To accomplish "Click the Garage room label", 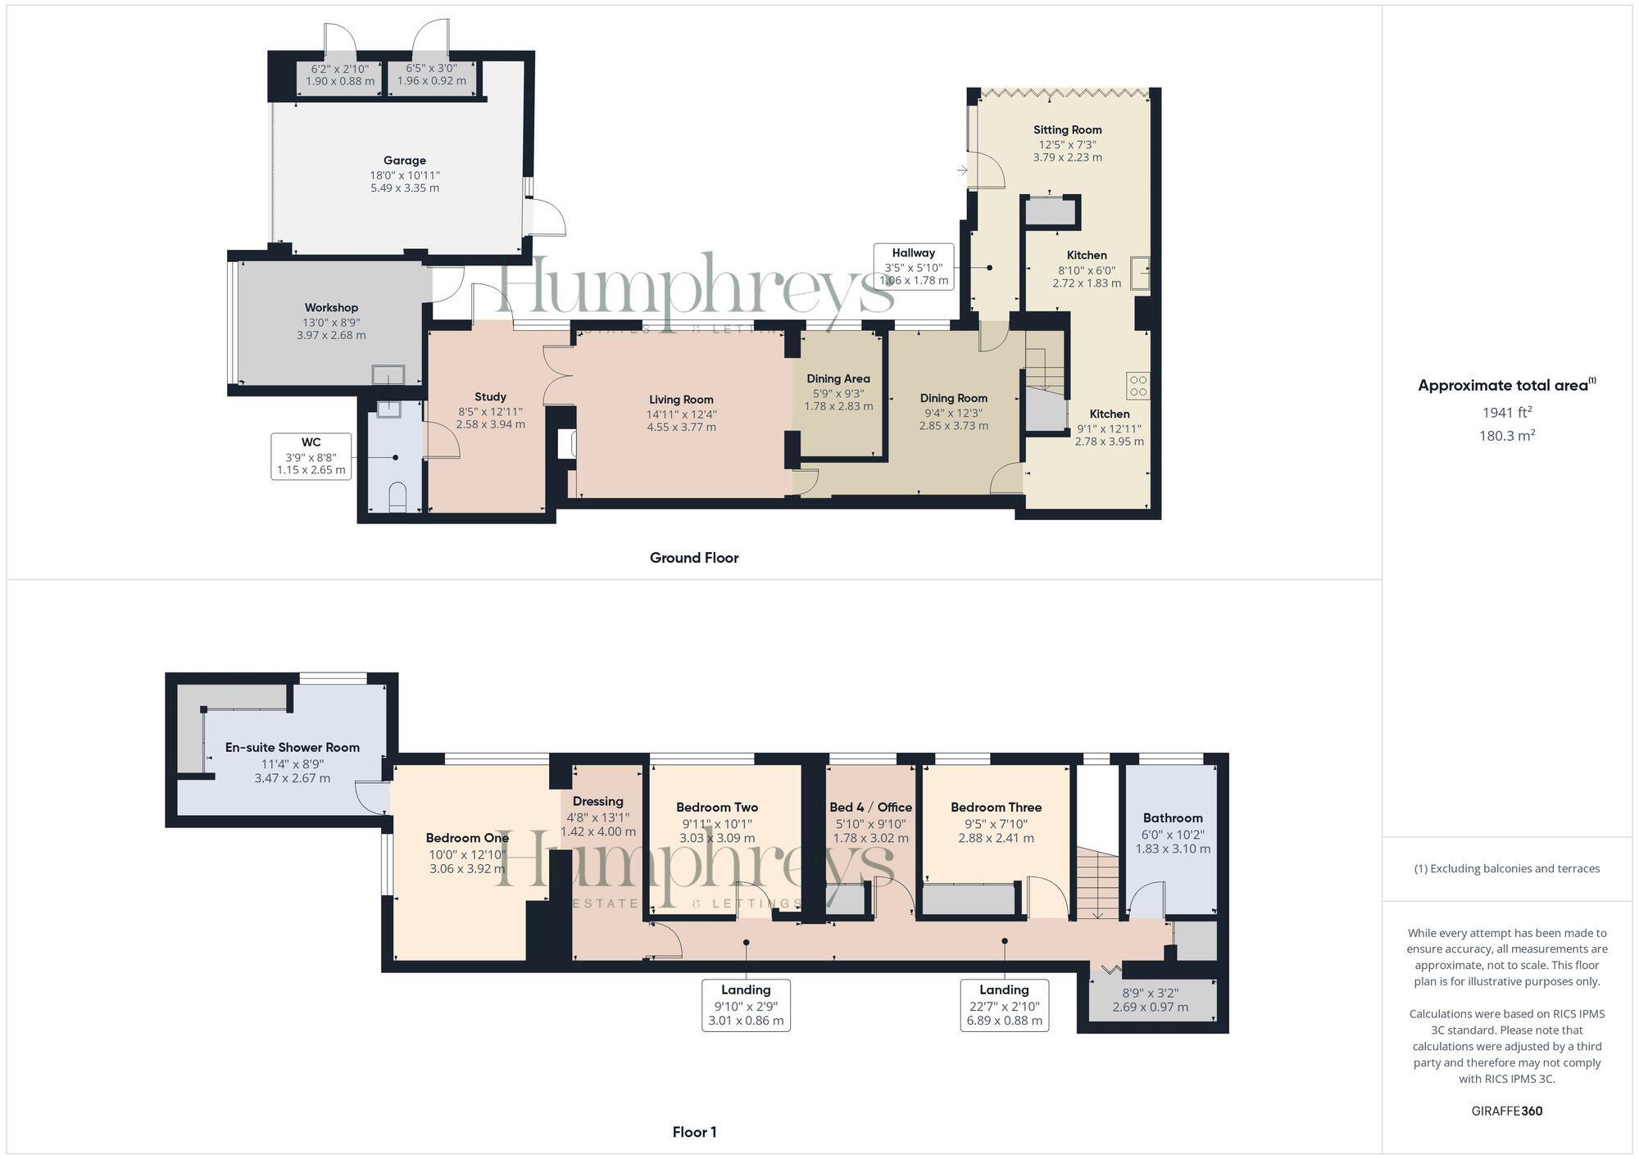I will (x=404, y=161).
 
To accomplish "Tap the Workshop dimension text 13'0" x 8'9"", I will (x=331, y=322).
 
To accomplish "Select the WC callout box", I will (x=311, y=456).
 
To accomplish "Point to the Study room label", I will (x=490, y=396).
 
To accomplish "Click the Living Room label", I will (x=681, y=400).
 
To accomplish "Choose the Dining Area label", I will (x=838, y=378).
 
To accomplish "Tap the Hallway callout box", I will (x=913, y=266).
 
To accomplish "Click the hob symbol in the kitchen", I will (x=1137, y=385).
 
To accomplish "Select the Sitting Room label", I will (x=1067, y=129).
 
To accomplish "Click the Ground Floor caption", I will (x=693, y=558).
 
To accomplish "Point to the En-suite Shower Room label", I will (x=292, y=747).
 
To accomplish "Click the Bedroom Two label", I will (x=716, y=807).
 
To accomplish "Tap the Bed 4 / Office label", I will (x=870, y=807).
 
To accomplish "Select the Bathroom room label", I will (x=1172, y=817).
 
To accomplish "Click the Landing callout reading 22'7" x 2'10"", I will (x=1003, y=1005).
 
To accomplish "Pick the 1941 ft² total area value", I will (x=1506, y=413).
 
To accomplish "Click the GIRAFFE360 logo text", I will (x=1506, y=1111).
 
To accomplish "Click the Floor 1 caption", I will (x=693, y=1132).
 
